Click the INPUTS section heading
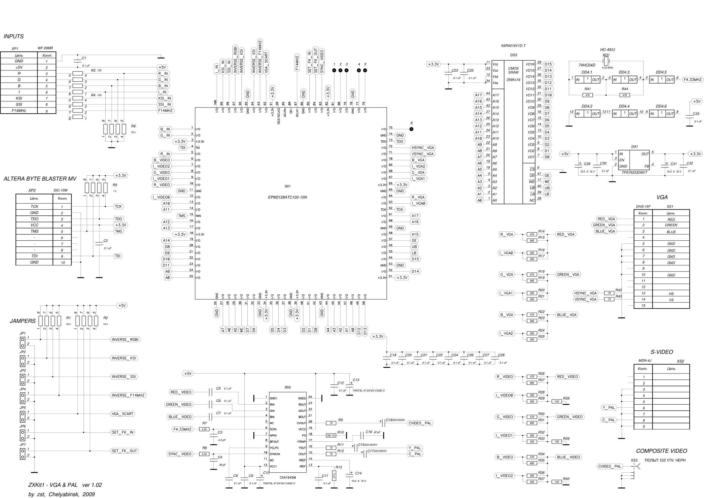tap(14, 36)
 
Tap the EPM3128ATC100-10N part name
tap(287, 197)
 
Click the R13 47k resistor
tap(334, 476)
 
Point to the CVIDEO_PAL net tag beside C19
tap(420, 423)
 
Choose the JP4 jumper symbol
tap(22, 398)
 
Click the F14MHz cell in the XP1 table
tap(19, 111)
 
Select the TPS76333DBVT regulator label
tap(634, 172)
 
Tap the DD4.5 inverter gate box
tap(662, 80)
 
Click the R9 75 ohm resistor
tap(331, 423)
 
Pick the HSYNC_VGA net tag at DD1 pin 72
tap(423, 148)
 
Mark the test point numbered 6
tap(411, 129)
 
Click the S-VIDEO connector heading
tap(662, 352)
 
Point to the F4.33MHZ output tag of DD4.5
tap(693, 80)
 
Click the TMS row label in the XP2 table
tap(34, 231)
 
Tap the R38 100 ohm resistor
tap(557, 401)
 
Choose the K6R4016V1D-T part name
tap(513, 46)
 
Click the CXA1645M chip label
tap(288, 478)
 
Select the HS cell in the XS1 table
tap(671, 294)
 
